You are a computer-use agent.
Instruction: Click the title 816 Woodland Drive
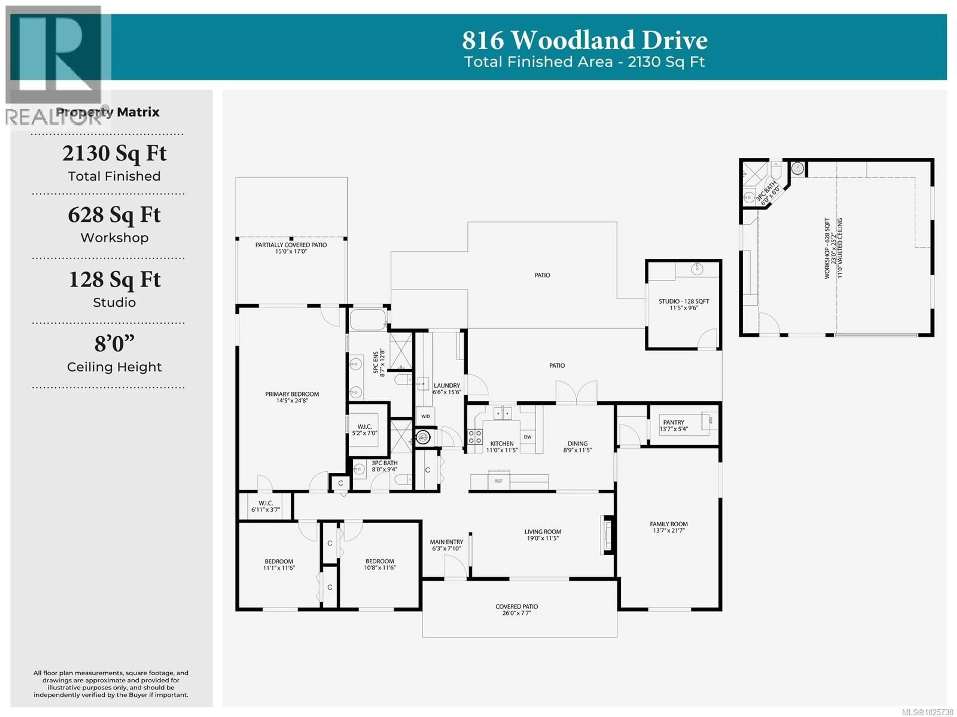point(584,40)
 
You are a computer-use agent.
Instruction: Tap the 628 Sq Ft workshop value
point(114,215)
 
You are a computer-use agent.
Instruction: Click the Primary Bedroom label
point(292,394)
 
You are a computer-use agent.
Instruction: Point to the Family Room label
point(668,524)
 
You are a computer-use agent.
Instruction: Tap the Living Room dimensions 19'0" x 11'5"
point(543,538)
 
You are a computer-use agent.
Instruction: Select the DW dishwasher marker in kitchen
point(527,437)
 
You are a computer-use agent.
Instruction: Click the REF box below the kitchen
point(498,481)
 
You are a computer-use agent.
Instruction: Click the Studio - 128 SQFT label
point(684,301)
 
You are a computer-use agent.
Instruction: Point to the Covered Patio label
point(517,606)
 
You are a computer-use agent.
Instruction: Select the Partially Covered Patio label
point(291,245)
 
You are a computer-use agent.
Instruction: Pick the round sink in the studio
point(697,269)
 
